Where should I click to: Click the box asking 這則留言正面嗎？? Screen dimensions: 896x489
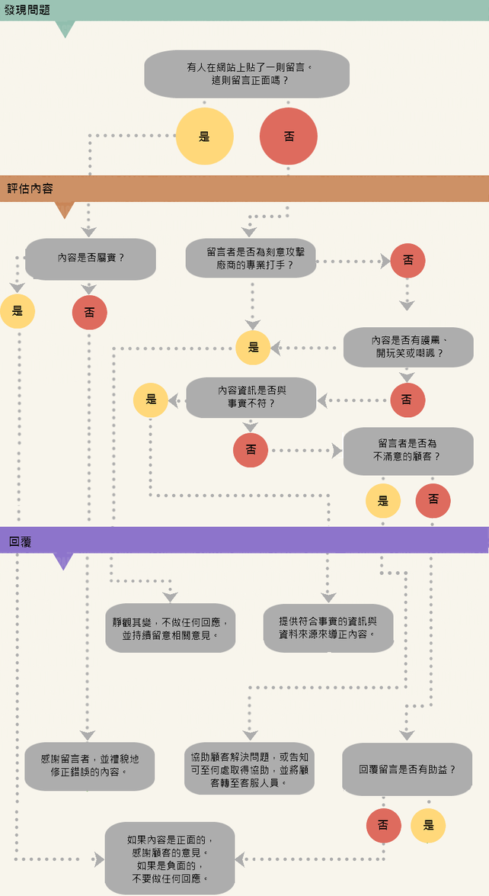247,74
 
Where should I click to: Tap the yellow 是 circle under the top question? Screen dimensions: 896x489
204,137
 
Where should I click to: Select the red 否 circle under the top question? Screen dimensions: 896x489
289,137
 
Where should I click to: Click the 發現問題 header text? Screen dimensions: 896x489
27,10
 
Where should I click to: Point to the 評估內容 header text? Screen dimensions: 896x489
30,188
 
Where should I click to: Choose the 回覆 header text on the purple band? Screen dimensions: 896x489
21,541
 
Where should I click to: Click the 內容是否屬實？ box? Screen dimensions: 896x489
91,259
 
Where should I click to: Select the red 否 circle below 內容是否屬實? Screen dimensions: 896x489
90,312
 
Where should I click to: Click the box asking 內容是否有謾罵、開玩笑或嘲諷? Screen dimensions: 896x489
408,348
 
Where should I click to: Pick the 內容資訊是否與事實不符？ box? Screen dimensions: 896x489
251,397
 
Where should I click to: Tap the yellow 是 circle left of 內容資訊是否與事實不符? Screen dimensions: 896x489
151,399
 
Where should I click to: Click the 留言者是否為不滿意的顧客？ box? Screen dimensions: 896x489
407,451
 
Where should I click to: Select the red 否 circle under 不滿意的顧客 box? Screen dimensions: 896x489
433,500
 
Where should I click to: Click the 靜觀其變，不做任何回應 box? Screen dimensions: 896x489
170,628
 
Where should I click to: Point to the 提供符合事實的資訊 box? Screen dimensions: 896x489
328,628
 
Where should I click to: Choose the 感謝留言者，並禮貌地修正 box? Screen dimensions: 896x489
90,766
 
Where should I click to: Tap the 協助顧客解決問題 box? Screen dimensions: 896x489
249,768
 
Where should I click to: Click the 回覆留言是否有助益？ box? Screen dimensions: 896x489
407,769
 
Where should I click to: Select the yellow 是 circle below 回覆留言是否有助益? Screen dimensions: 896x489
428,825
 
